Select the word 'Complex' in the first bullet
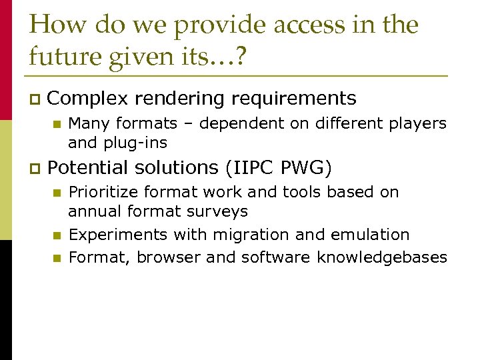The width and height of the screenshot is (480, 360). (87, 99)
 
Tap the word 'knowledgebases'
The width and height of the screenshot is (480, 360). (382, 257)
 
